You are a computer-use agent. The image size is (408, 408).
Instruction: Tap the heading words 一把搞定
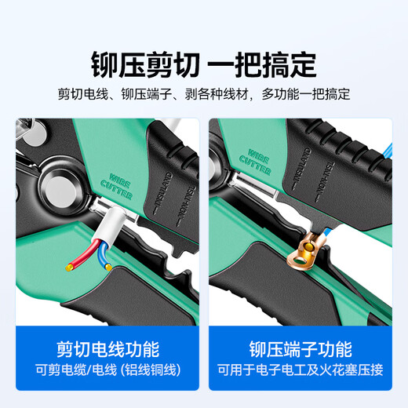[267, 60]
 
